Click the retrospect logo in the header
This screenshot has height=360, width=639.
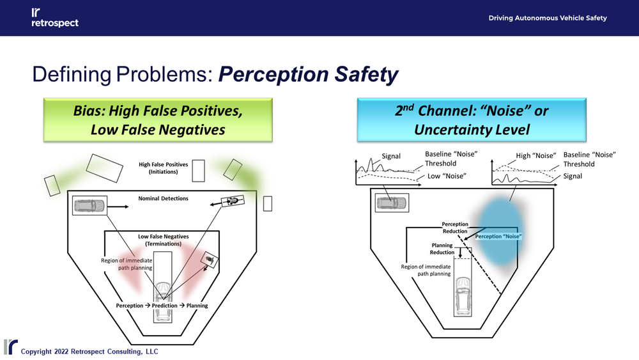[x=54, y=18]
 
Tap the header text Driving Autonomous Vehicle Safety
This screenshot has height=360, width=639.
[x=548, y=18]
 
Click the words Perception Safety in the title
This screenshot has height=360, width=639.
[x=309, y=75]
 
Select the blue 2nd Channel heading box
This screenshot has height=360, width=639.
[x=472, y=120]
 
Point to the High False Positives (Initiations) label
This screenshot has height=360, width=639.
[x=164, y=168]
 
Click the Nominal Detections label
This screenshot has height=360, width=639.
[x=164, y=198]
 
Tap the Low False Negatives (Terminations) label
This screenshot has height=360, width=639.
[x=164, y=240]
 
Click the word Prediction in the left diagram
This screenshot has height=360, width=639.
[x=164, y=306]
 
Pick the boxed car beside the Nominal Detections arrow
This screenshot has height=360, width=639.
[x=89, y=206]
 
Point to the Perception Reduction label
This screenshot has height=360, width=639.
[x=455, y=228]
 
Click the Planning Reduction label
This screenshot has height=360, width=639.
[x=442, y=249]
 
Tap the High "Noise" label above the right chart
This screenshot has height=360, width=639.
[x=536, y=155]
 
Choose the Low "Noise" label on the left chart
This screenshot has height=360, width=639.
[x=445, y=176]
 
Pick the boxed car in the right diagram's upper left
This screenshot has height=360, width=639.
[x=390, y=203]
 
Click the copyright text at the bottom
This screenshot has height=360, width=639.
[x=89, y=351]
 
